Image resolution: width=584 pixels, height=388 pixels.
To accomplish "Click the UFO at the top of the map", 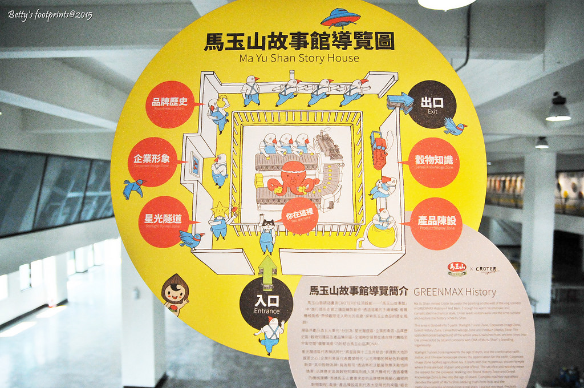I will (340, 18).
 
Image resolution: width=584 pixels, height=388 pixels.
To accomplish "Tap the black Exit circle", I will (432, 104).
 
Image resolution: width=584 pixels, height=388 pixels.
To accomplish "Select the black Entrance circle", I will (266, 303).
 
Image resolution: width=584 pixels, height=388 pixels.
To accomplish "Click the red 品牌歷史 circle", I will (169, 104).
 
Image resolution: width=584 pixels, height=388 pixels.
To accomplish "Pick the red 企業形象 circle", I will (152, 161).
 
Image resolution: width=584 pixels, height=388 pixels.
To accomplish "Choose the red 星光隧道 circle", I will (163, 221).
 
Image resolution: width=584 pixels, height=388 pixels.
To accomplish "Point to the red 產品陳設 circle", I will (436, 223).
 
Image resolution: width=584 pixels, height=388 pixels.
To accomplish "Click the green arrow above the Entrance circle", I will (267, 270).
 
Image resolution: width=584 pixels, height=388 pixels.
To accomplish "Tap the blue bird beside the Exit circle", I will (455, 126).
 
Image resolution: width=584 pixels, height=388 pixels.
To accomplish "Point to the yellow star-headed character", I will (218, 220).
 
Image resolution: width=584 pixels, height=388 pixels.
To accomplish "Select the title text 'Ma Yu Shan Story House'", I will (299, 58).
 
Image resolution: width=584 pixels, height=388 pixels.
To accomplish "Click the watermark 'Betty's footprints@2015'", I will (50, 15).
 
